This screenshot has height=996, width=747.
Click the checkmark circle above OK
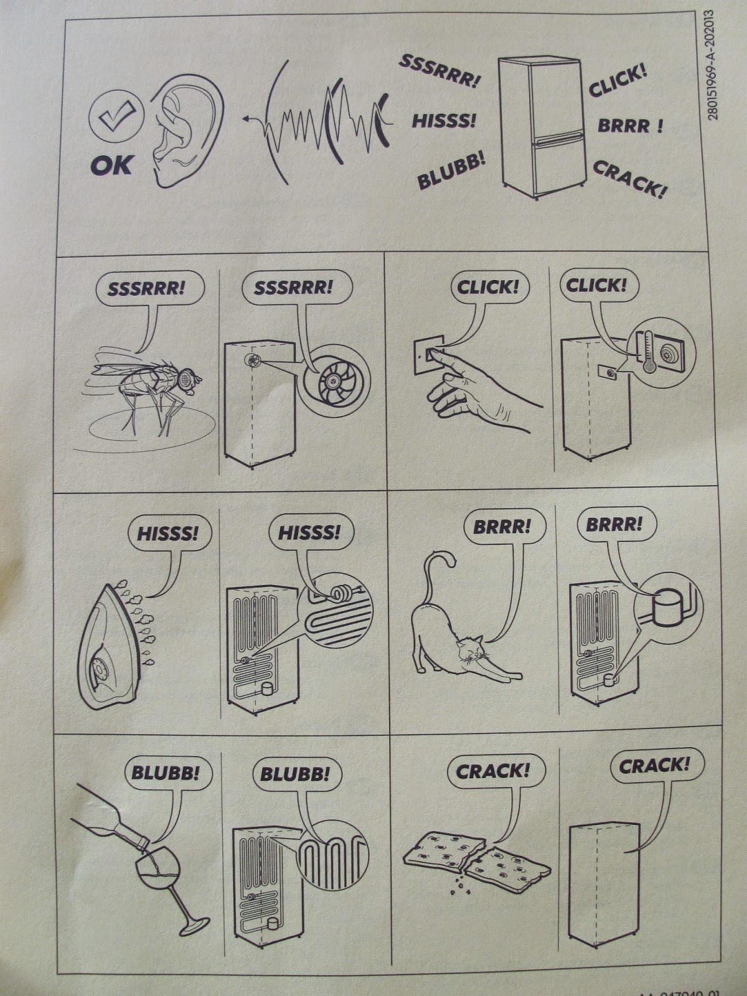click(x=116, y=116)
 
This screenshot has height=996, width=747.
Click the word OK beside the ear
click(x=111, y=165)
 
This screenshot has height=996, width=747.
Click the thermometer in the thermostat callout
click(x=649, y=351)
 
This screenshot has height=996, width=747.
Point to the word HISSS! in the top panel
click(x=444, y=121)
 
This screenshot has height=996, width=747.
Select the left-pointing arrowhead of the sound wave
click(x=247, y=120)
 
